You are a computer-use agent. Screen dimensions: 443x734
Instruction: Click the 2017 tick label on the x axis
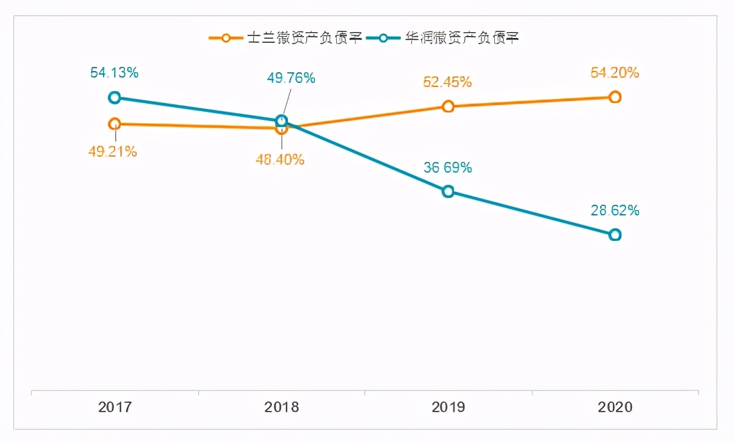pyautogui.click(x=115, y=407)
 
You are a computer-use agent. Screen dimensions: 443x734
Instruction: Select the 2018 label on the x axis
pyautogui.click(x=281, y=407)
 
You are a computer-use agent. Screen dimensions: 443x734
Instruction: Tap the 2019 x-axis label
pyautogui.click(x=448, y=407)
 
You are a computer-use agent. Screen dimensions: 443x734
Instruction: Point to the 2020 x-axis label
pyautogui.click(x=615, y=407)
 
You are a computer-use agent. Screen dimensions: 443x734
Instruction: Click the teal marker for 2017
pyautogui.click(x=115, y=98)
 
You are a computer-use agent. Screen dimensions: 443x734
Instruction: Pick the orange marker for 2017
pyautogui.click(x=115, y=124)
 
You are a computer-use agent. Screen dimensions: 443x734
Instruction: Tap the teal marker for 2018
pyautogui.click(x=281, y=121)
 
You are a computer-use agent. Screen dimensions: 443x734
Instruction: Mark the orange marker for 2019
pyautogui.click(x=448, y=106)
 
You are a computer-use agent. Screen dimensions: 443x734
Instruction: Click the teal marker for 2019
pyautogui.click(x=448, y=191)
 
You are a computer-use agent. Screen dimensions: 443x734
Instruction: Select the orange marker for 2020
pyautogui.click(x=615, y=97)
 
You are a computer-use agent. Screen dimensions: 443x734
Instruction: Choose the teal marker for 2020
pyautogui.click(x=615, y=235)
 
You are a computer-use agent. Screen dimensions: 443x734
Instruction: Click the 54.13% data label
pyautogui.click(x=115, y=73)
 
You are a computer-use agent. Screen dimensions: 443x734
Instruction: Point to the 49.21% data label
pyautogui.click(x=113, y=152)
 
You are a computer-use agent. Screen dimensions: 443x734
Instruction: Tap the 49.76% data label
pyautogui.click(x=291, y=78)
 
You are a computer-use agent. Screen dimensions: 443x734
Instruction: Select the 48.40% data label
pyautogui.click(x=280, y=160)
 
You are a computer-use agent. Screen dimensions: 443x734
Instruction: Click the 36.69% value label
pyautogui.click(x=447, y=168)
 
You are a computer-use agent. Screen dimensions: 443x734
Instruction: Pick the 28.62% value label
pyautogui.click(x=615, y=211)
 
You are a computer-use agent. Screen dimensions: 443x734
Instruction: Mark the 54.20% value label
pyautogui.click(x=615, y=73)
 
